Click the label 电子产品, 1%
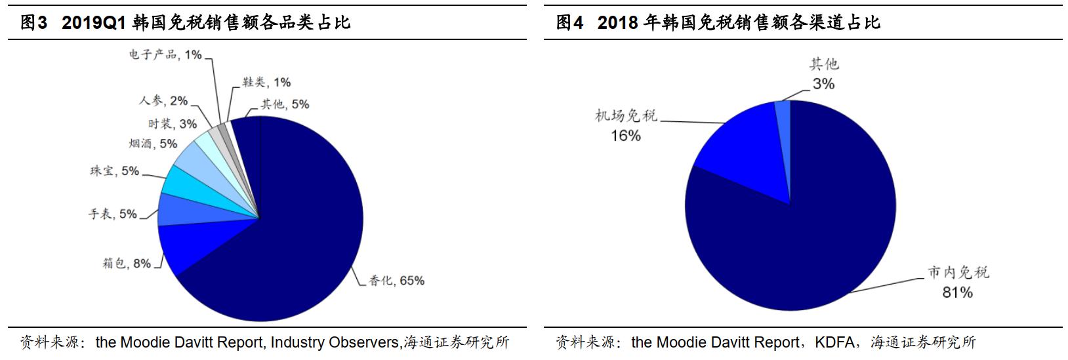click(x=165, y=55)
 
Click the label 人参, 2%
click(x=163, y=100)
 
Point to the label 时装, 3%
click(x=172, y=123)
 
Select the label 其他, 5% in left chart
click(x=285, y=104)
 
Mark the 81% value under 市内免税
click(x=957, y=292)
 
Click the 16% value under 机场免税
click(x=625, y=136)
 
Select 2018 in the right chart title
click(x=617, y=23)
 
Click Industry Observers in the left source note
click(x=334, y=342)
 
